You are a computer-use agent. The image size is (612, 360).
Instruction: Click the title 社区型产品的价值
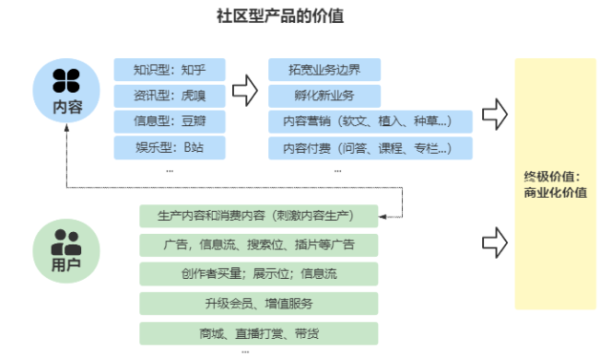(x=306, y=15)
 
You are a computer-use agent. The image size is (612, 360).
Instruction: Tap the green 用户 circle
(x=66, y=250)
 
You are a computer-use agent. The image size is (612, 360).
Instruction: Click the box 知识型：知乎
(x=169, y=70)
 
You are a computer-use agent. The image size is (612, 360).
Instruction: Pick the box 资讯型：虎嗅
(x=169, y=95)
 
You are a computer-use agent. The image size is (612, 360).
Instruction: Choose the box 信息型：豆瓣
(x=169, y=121)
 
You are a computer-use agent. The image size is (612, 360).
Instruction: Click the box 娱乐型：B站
(x=169, y=147)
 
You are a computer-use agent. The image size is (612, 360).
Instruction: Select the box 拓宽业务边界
(x=324, y=70)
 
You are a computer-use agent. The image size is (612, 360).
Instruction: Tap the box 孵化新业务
(x=324, y=95)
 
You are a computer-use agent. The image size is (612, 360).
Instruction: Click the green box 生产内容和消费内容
(x=259, y=215)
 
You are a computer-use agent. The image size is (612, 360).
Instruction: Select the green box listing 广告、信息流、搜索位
(x=259, y=244)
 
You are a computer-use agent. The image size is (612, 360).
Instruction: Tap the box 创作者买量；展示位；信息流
(x=259, y=274)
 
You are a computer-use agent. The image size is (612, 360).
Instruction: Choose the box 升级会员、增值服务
(x=259, y=304)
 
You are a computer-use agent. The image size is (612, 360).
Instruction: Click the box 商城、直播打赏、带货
(x=259, y=333)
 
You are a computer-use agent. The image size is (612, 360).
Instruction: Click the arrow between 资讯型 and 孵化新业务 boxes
(x=246, y=92)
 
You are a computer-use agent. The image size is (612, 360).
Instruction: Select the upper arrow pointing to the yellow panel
(x=494, y=114)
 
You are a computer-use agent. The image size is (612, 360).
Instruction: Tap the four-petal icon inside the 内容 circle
(x=66, y=78)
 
